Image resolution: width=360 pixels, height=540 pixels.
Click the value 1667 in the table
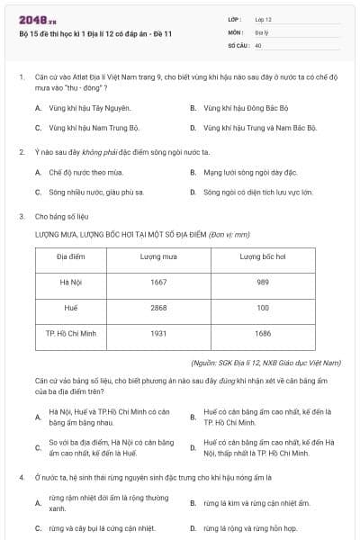tap(158, 283)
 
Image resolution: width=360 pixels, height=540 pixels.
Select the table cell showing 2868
tap(158, 308)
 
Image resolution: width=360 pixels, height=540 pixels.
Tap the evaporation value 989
tap(263, 283)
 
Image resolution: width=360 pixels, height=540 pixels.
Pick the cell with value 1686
tap(263, 333)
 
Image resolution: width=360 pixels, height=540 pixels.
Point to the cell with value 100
tap(263, 308)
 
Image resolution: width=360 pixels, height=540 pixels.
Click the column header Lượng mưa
tap(158, 256)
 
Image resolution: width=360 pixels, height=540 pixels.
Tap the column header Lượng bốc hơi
tap(263, 256)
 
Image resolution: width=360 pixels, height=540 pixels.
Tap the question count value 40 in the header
tap(258, 44)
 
